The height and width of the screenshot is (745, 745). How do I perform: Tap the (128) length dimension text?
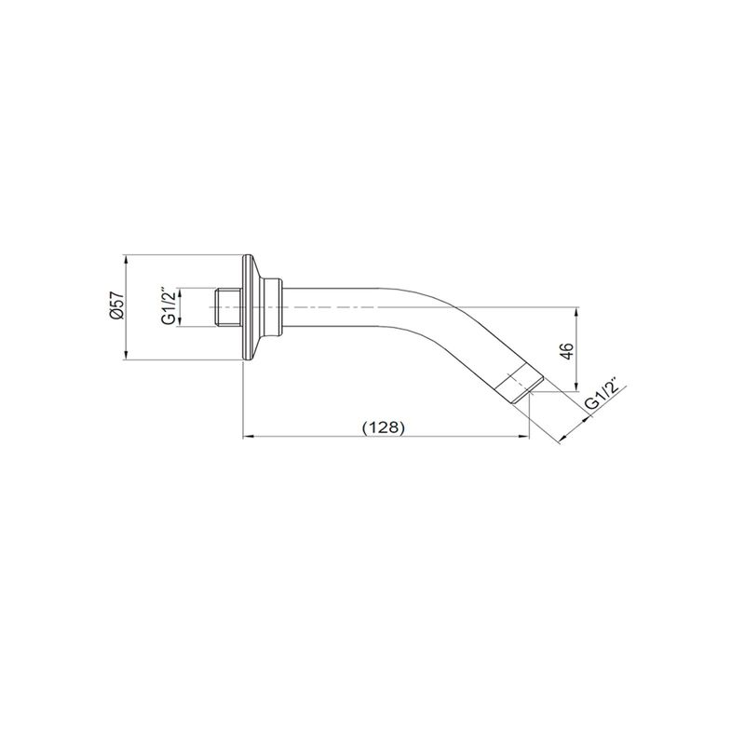(384, 427)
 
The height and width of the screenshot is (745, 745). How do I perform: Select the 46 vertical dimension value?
(567, 351)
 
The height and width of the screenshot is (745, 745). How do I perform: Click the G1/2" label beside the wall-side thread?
(169, 307)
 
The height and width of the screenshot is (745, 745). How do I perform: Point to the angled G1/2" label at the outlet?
(602, 394)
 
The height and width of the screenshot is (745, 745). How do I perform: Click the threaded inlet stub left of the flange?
(228, 307)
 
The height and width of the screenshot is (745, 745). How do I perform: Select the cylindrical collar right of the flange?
(273, 307)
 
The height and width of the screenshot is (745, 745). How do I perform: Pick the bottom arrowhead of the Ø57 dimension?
(126, 356)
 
